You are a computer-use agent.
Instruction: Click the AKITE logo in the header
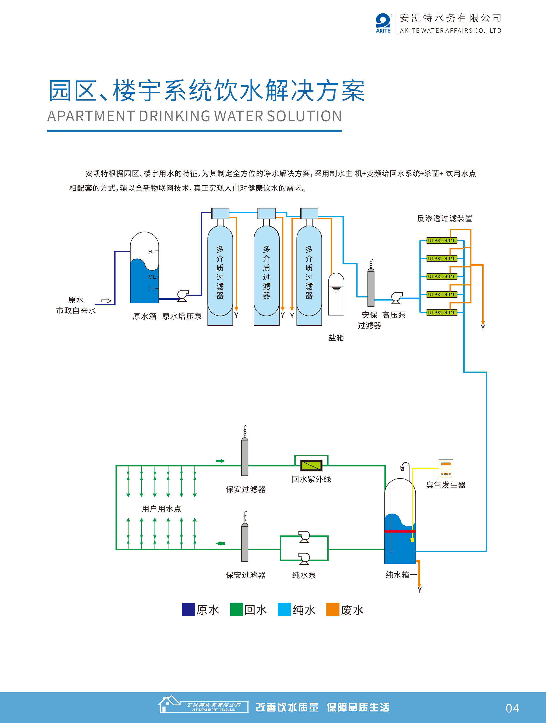(x=383, y=23)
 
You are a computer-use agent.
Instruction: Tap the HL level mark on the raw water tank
(x=152, y=252)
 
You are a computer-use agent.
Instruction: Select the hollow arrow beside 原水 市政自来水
(x=106, y=301)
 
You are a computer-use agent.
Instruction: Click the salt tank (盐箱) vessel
(x=336, y=294)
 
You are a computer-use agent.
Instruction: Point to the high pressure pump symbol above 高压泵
(x=397, y=297)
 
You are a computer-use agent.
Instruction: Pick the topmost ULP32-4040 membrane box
(x=442, y=241)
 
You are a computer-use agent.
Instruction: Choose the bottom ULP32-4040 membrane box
(x=442, y=312)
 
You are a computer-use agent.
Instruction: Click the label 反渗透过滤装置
(x=445, y=218)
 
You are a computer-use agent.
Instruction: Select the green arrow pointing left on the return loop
(x=221, y=543)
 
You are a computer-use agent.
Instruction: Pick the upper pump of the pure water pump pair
(x=304, y=536)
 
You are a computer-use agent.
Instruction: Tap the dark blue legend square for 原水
(x=188, y=610)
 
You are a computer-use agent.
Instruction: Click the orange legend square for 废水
(x=333, y=610)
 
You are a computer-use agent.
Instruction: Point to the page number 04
(x=512, y=708)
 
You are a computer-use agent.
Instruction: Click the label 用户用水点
(x=161, y=509)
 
